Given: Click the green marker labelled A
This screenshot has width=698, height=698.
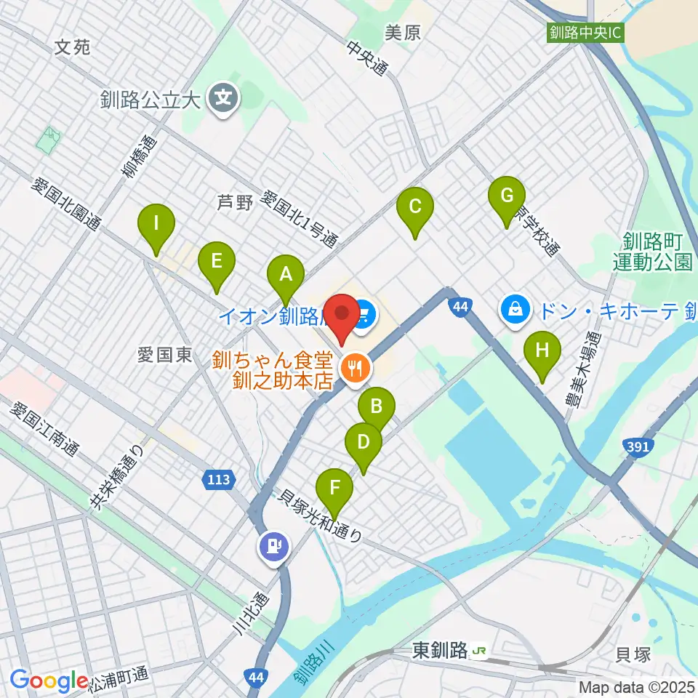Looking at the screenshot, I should pyautogui.click(x=286, y=276).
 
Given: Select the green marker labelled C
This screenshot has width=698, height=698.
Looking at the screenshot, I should pyautogui.click(x=414, y=207).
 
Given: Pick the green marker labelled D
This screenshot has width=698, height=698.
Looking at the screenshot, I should pyautogui.click(x=364, y=441).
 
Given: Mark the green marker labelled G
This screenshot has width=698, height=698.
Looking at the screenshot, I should pyautogui.click(x=507, y=196).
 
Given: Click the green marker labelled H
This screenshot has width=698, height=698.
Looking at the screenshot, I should pyautogui.click(x=542, y=351).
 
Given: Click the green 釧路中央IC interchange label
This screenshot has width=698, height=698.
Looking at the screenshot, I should pyautogui.click(x=586, y=33).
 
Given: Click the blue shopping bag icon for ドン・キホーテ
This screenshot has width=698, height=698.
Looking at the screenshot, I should pyautogui.click(x=515, y=310).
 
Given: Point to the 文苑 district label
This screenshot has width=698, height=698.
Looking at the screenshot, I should pyautogui.click(x=73, y=48).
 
